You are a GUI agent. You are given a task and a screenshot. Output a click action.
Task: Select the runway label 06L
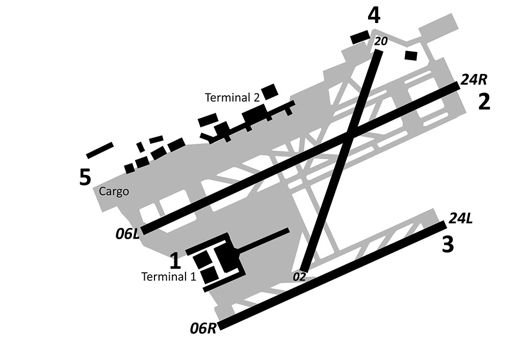click(x=127, y=234)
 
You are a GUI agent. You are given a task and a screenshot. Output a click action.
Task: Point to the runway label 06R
click(x=203, y=329)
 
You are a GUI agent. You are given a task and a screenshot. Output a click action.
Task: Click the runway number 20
click(x=381, y=42)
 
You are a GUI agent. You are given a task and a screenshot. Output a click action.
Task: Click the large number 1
click(x=175, y=261)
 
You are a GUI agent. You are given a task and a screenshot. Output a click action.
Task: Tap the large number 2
click(x=484, y=102)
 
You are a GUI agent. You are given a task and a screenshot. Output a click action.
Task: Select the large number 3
click(x=448, y=245)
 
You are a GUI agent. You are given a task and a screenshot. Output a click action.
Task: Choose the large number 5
click(x=85, y=177)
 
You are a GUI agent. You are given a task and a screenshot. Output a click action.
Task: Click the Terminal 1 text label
click(x=168, y=277)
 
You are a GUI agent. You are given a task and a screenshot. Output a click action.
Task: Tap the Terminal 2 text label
click(x=232, y=97)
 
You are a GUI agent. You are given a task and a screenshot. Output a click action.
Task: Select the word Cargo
click(x=114, y=192)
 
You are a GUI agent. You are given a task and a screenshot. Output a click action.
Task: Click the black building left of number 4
click(x=360, y=37)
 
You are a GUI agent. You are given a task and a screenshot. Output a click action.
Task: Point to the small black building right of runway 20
click(x=411, y=55)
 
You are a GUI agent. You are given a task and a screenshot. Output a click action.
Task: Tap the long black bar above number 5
click(x=100, y=149)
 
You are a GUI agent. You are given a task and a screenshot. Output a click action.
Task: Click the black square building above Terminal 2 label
click(x=270, y=91)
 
